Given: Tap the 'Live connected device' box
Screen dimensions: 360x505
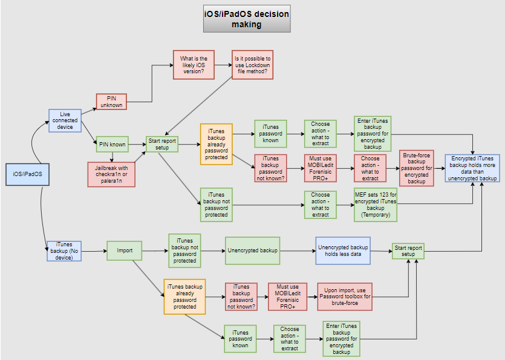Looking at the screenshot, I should tap(65, 120).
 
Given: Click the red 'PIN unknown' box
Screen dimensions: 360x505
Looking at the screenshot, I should tap(111, 101).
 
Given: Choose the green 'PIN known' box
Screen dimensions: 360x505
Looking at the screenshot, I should tap(112, 144).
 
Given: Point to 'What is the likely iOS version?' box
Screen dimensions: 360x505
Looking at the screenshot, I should tap(194, 64).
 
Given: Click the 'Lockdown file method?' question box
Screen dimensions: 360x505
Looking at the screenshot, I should tap(252, 64).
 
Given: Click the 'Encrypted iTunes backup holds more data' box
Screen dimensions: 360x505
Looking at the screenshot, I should tap(474, 168).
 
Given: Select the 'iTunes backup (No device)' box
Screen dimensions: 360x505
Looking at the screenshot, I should tap(64, 250).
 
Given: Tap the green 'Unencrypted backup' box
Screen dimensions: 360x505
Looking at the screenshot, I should tap(252, 250).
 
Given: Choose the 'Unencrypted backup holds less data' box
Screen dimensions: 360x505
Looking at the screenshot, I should tap(343, 250).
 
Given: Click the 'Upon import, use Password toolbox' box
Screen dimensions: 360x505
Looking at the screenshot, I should tap(345, 296).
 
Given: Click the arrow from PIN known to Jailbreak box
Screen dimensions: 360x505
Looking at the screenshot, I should tap(112, 156).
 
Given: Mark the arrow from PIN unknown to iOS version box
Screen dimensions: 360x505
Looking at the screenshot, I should tap(151, 85).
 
